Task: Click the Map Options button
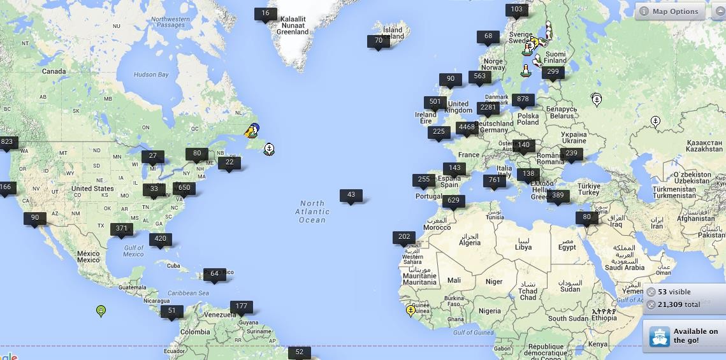tap(670, 11)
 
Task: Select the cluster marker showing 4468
tap(467, 127)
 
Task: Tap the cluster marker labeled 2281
tap(488, 108)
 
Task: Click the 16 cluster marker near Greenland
tap(265, 13)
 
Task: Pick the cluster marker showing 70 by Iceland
tap(379, 41)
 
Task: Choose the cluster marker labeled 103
tap(516, 10)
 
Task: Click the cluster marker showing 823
tap(7, 142)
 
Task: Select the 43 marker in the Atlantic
tap(351, 195)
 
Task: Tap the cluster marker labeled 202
tap(404, 237)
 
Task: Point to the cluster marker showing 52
tap(299, 352)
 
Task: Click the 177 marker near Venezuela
tap(241, 306)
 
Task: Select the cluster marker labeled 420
tap(160, 239)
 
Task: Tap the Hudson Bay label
tap(151, 75)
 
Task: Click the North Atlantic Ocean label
tap(312, 212)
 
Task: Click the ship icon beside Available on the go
tap(660, 336)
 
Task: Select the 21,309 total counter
tap(679, 305)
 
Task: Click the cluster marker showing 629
tap(453, 201)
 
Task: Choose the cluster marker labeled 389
tap(558, 196)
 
